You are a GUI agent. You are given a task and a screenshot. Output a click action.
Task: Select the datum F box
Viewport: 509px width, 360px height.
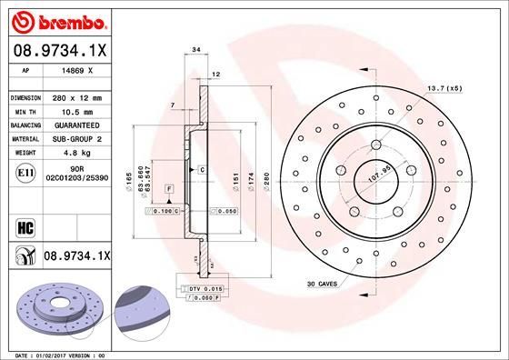pos(169,187)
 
